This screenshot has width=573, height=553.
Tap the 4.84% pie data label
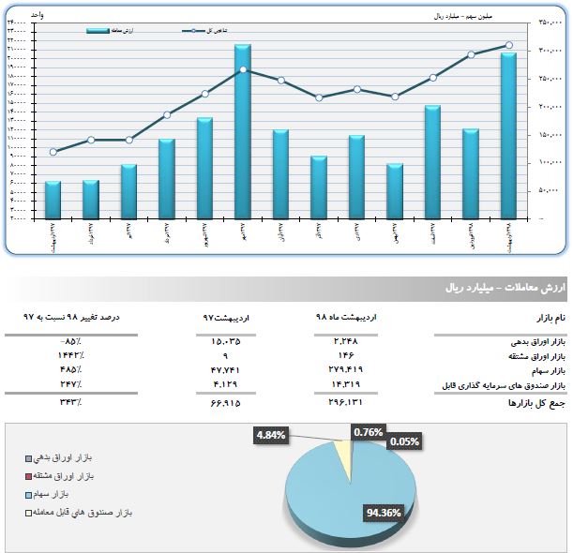pos(270,435)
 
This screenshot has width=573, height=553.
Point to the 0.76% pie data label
pos(368,431)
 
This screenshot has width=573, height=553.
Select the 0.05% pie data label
pos(404,441)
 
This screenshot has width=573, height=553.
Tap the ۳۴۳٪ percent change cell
pos(68,402)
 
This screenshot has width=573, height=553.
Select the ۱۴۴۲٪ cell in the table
pos(68,356)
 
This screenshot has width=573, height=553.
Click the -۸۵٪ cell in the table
pos(68,341)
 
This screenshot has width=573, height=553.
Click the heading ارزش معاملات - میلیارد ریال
pos(505,288)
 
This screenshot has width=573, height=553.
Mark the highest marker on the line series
pos(508,45)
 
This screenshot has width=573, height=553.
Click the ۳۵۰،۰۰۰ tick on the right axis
pos(549,22)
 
